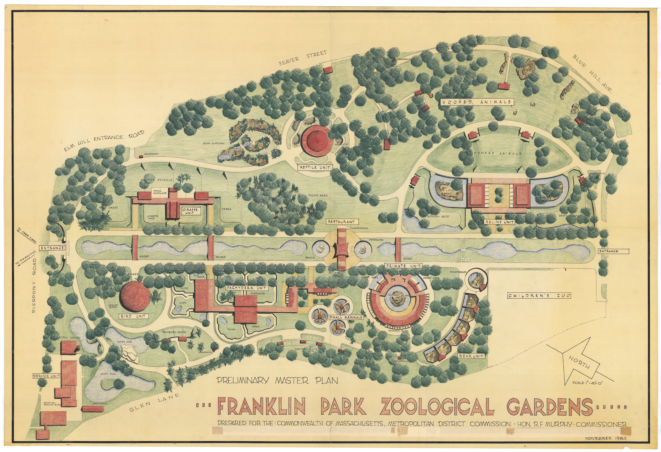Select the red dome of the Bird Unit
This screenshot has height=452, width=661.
tap(135, 296)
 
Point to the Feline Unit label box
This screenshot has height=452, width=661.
tap(500, 222)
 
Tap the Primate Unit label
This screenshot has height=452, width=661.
tap(403, 266)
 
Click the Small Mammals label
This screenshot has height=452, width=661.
tap(346, 317)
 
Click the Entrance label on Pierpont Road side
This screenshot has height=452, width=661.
tap(52, 248)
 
